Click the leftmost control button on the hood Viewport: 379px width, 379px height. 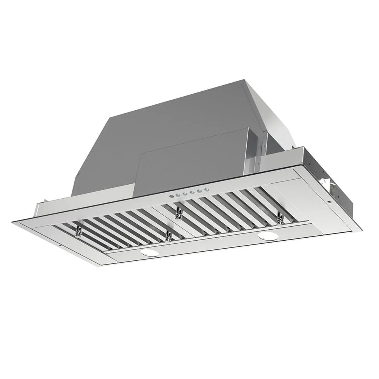click(x=172, y=196)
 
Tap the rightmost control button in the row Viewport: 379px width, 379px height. click(x=207, y=190)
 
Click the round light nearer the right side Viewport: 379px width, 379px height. click(x=268, y=236)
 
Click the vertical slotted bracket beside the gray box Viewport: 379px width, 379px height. click(x=252, y=152)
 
